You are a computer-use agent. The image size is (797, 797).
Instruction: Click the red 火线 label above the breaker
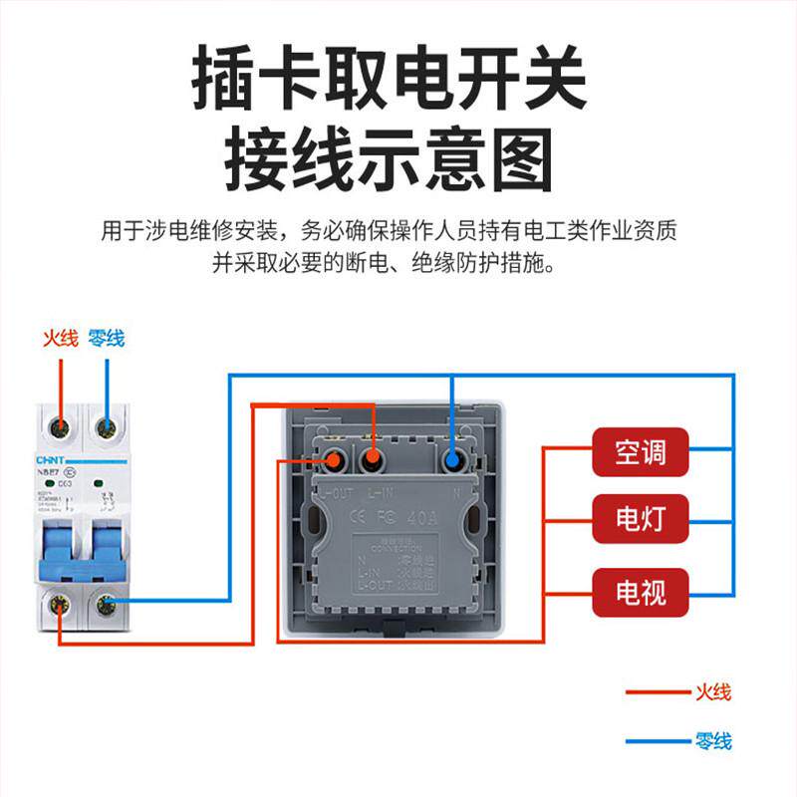[60, 338]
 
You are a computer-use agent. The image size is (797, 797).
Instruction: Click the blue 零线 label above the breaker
[106, 338]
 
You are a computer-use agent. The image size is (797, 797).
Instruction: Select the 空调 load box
[641, 453]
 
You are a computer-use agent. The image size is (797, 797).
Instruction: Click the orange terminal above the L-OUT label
[336, 461]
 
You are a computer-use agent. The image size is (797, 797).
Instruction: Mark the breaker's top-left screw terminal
[62, 428]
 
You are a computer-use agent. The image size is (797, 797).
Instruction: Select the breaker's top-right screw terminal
[105, 428]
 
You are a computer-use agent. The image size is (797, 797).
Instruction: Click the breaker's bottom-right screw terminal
[105, 604]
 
